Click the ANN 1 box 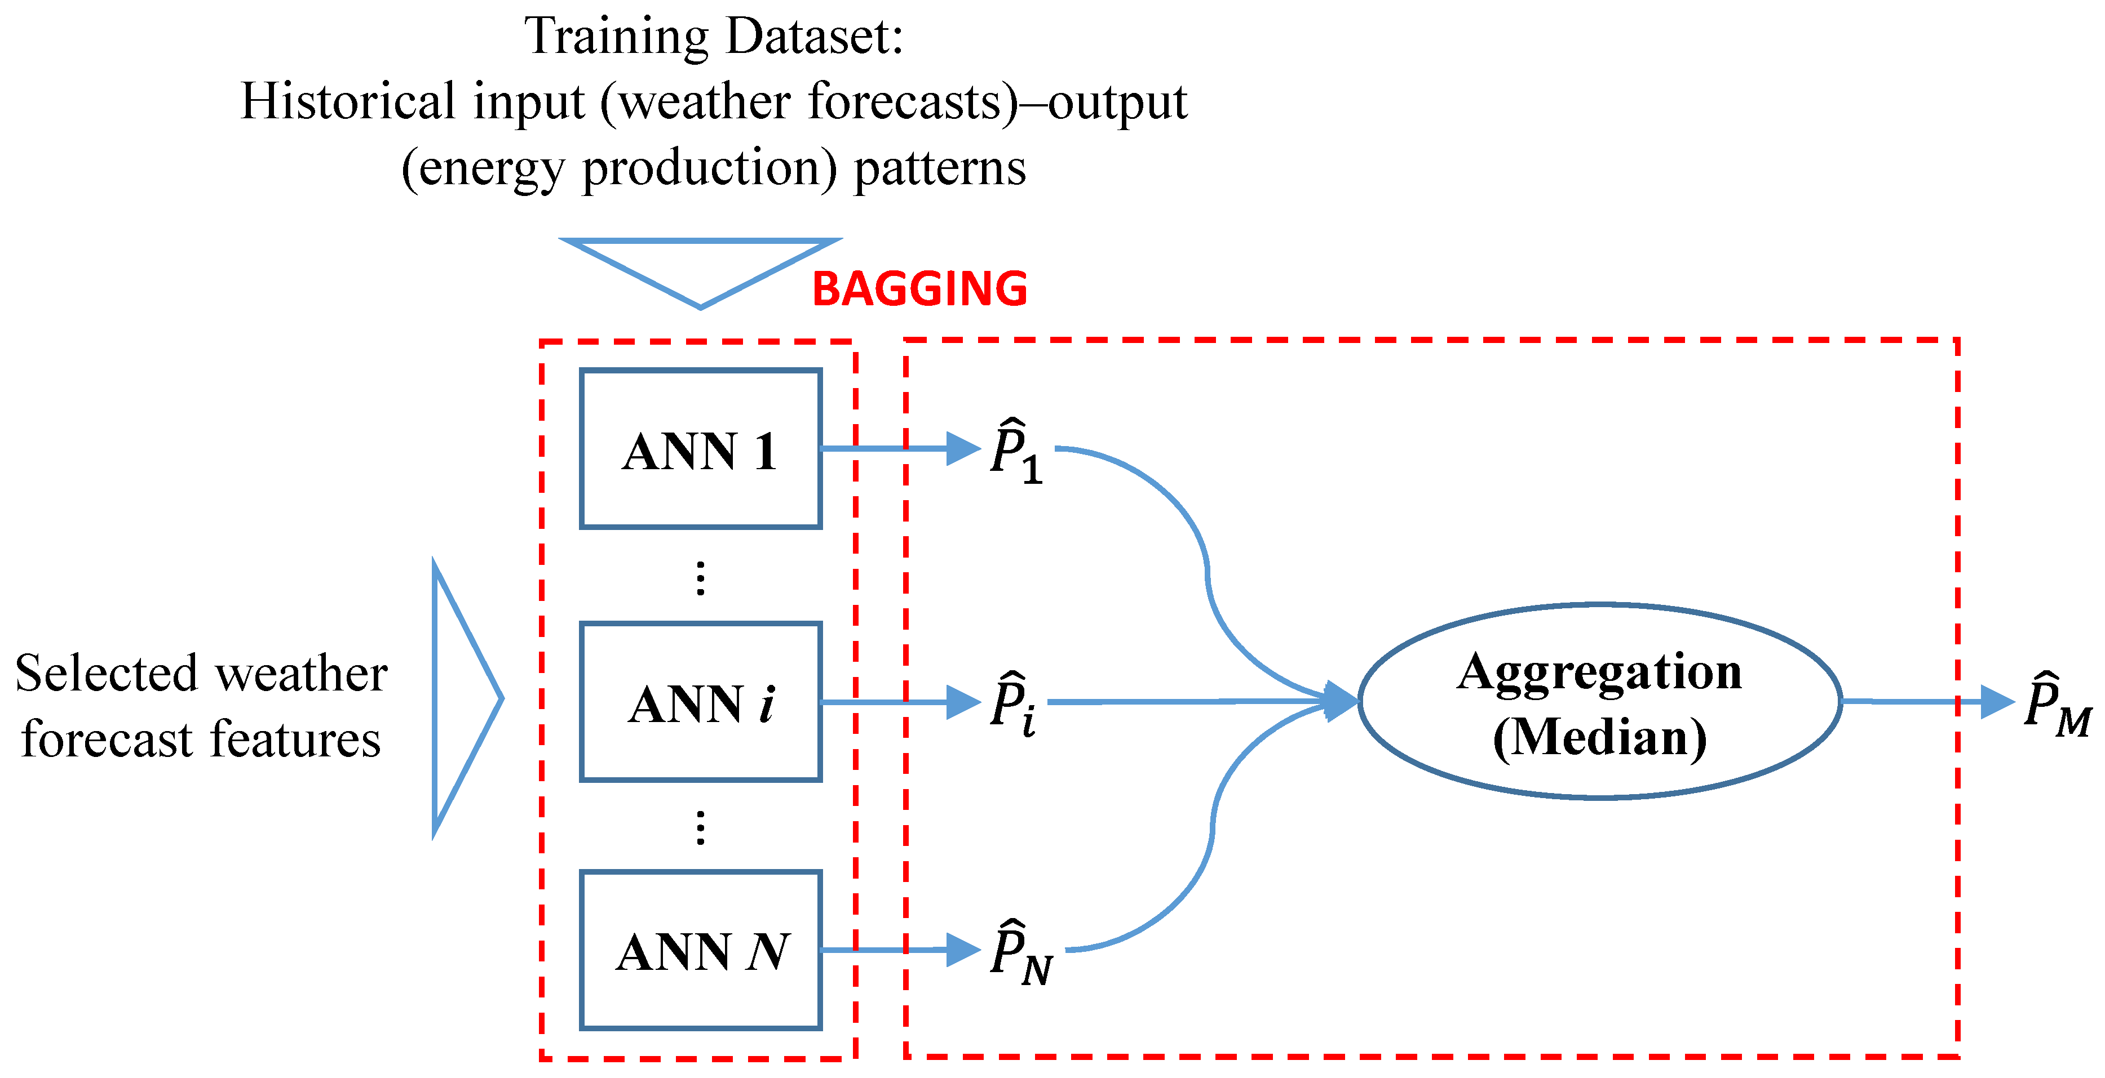click(x=700, y=448)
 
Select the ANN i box click(x=700, y=702)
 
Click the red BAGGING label click(x=919, y=289)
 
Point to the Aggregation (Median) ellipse click(x=1599, y=701)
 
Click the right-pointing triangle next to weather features click(x=462, y=699)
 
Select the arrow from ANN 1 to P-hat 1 click(x=899, y=448)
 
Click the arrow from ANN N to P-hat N click(x=899, y=950)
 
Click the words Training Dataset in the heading click(x=713, y=37)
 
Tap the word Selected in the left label click(x=106, y=674)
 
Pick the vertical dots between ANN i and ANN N click(x=700, y=827)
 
